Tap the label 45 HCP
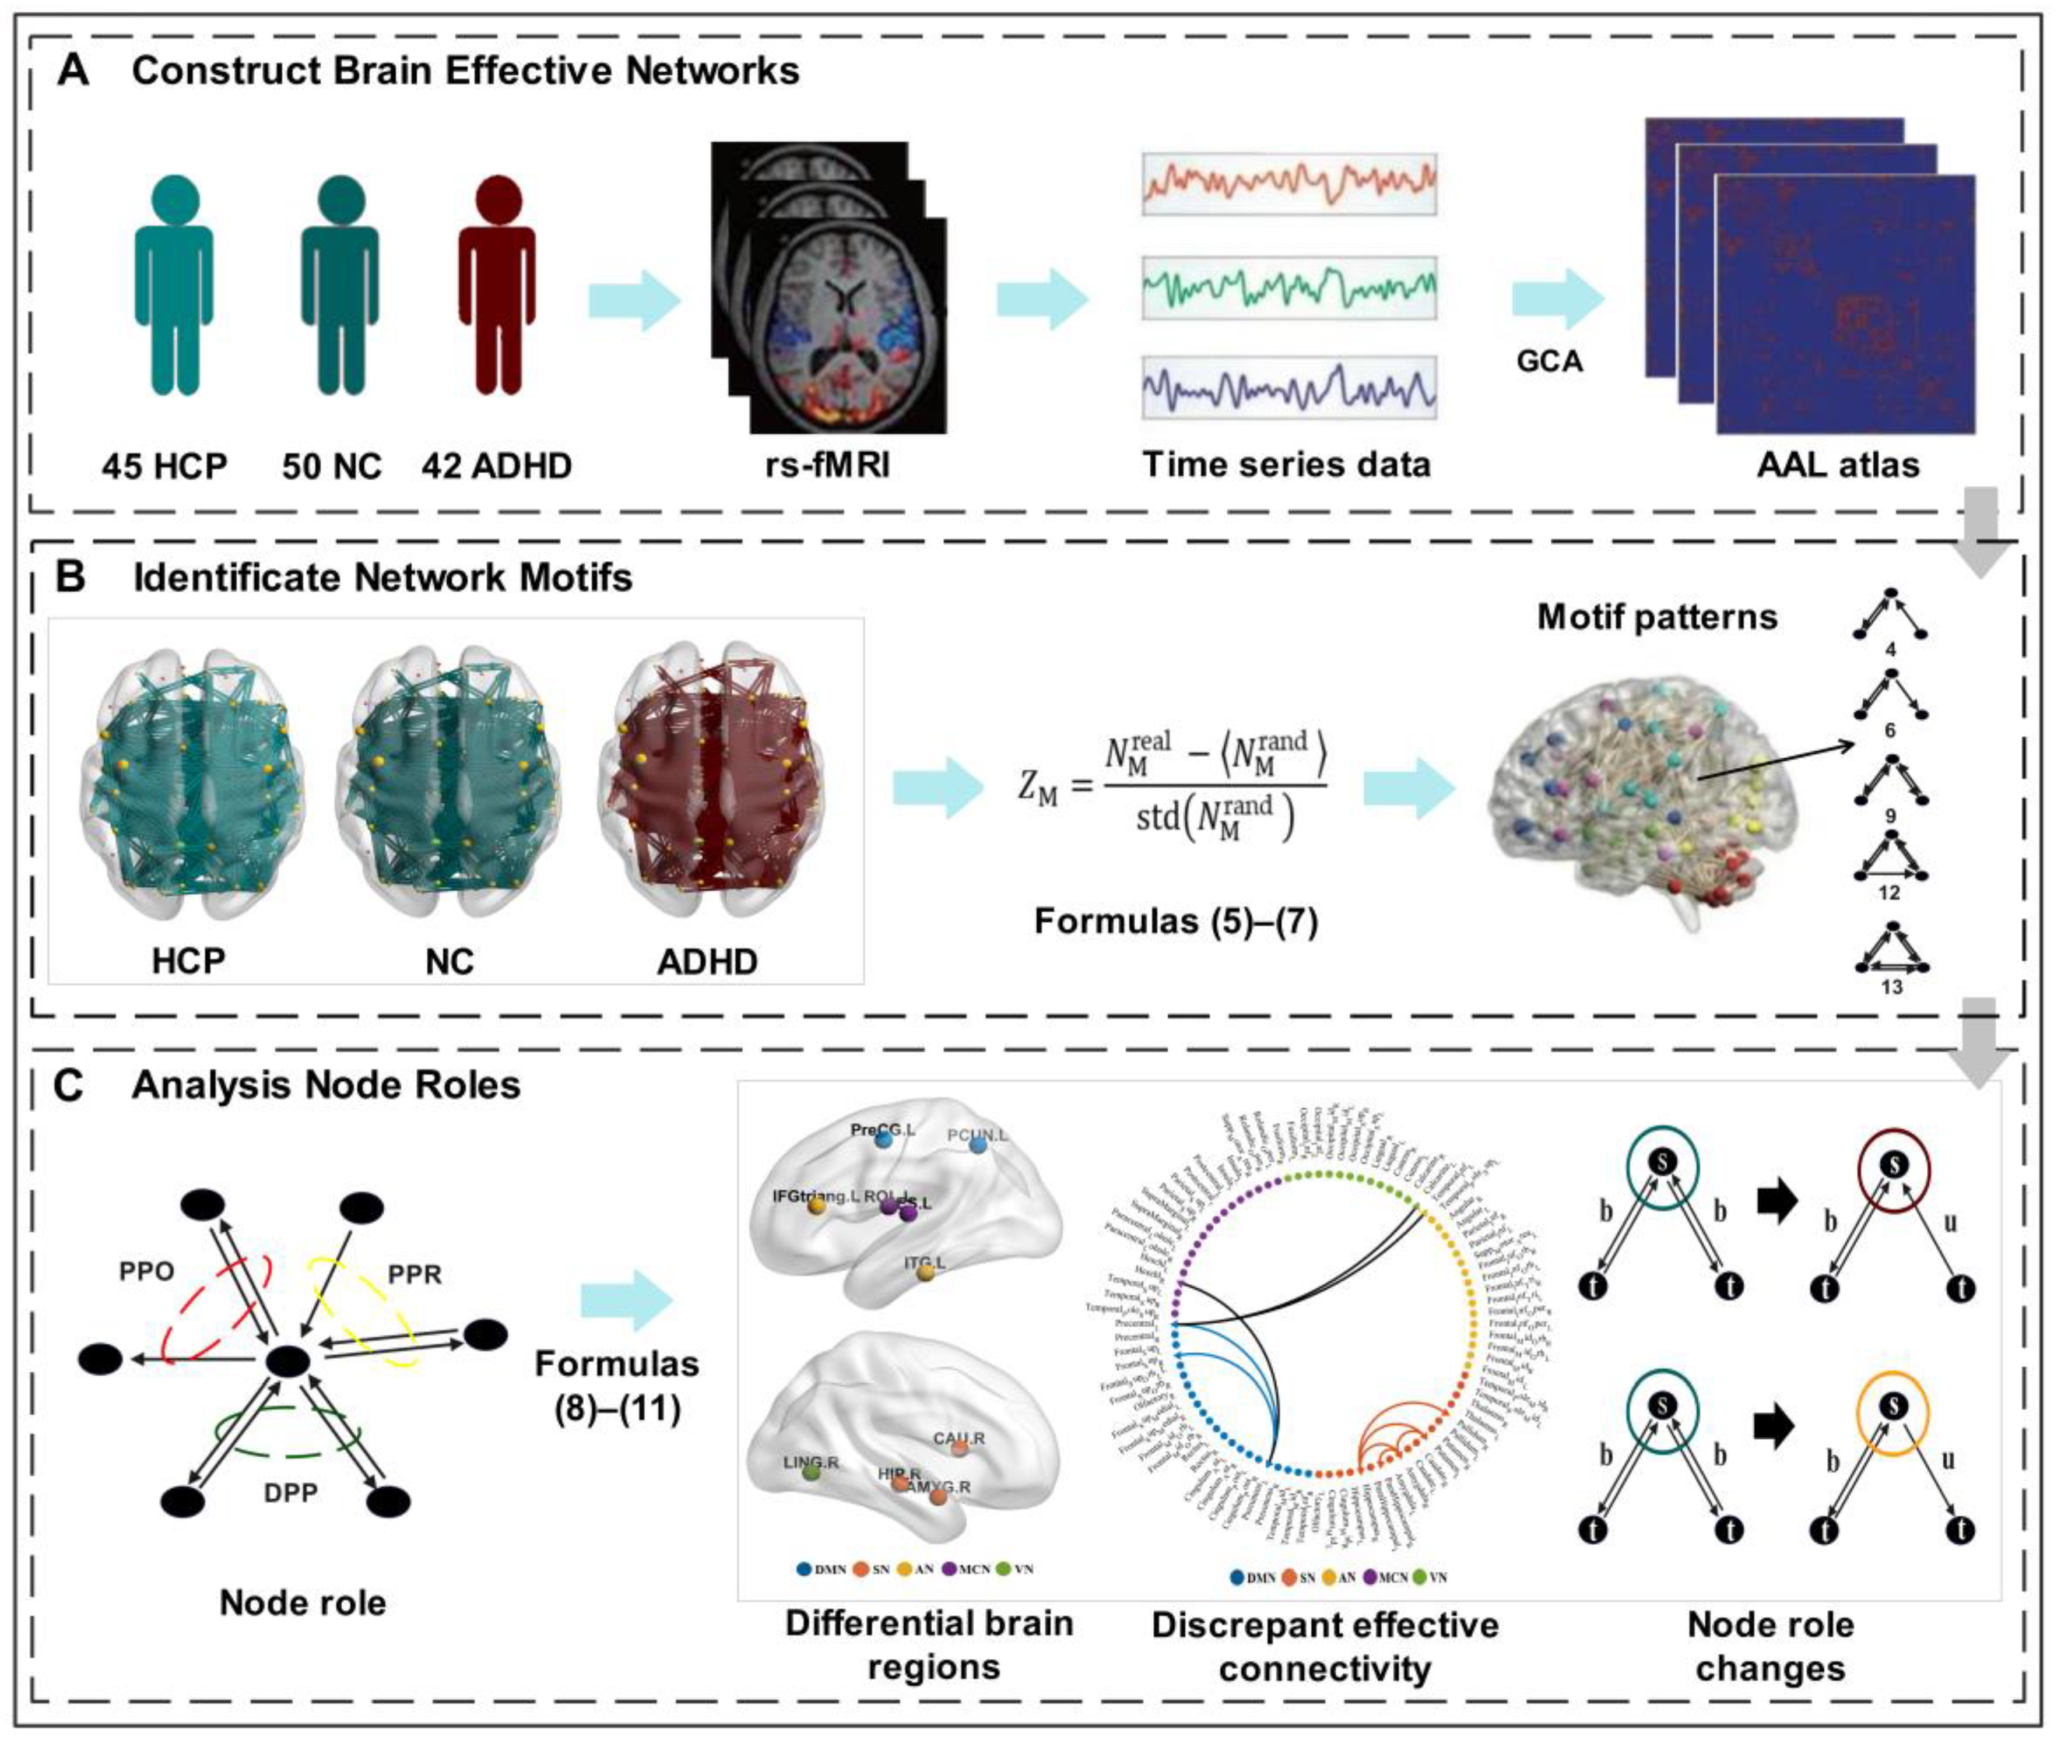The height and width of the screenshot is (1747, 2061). coord(164,466)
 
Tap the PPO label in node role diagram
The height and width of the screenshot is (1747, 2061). coord(146,1271)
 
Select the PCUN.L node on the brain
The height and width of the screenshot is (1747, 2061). coord(978,1144)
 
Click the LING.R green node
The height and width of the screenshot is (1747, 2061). coord(811,1472)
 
